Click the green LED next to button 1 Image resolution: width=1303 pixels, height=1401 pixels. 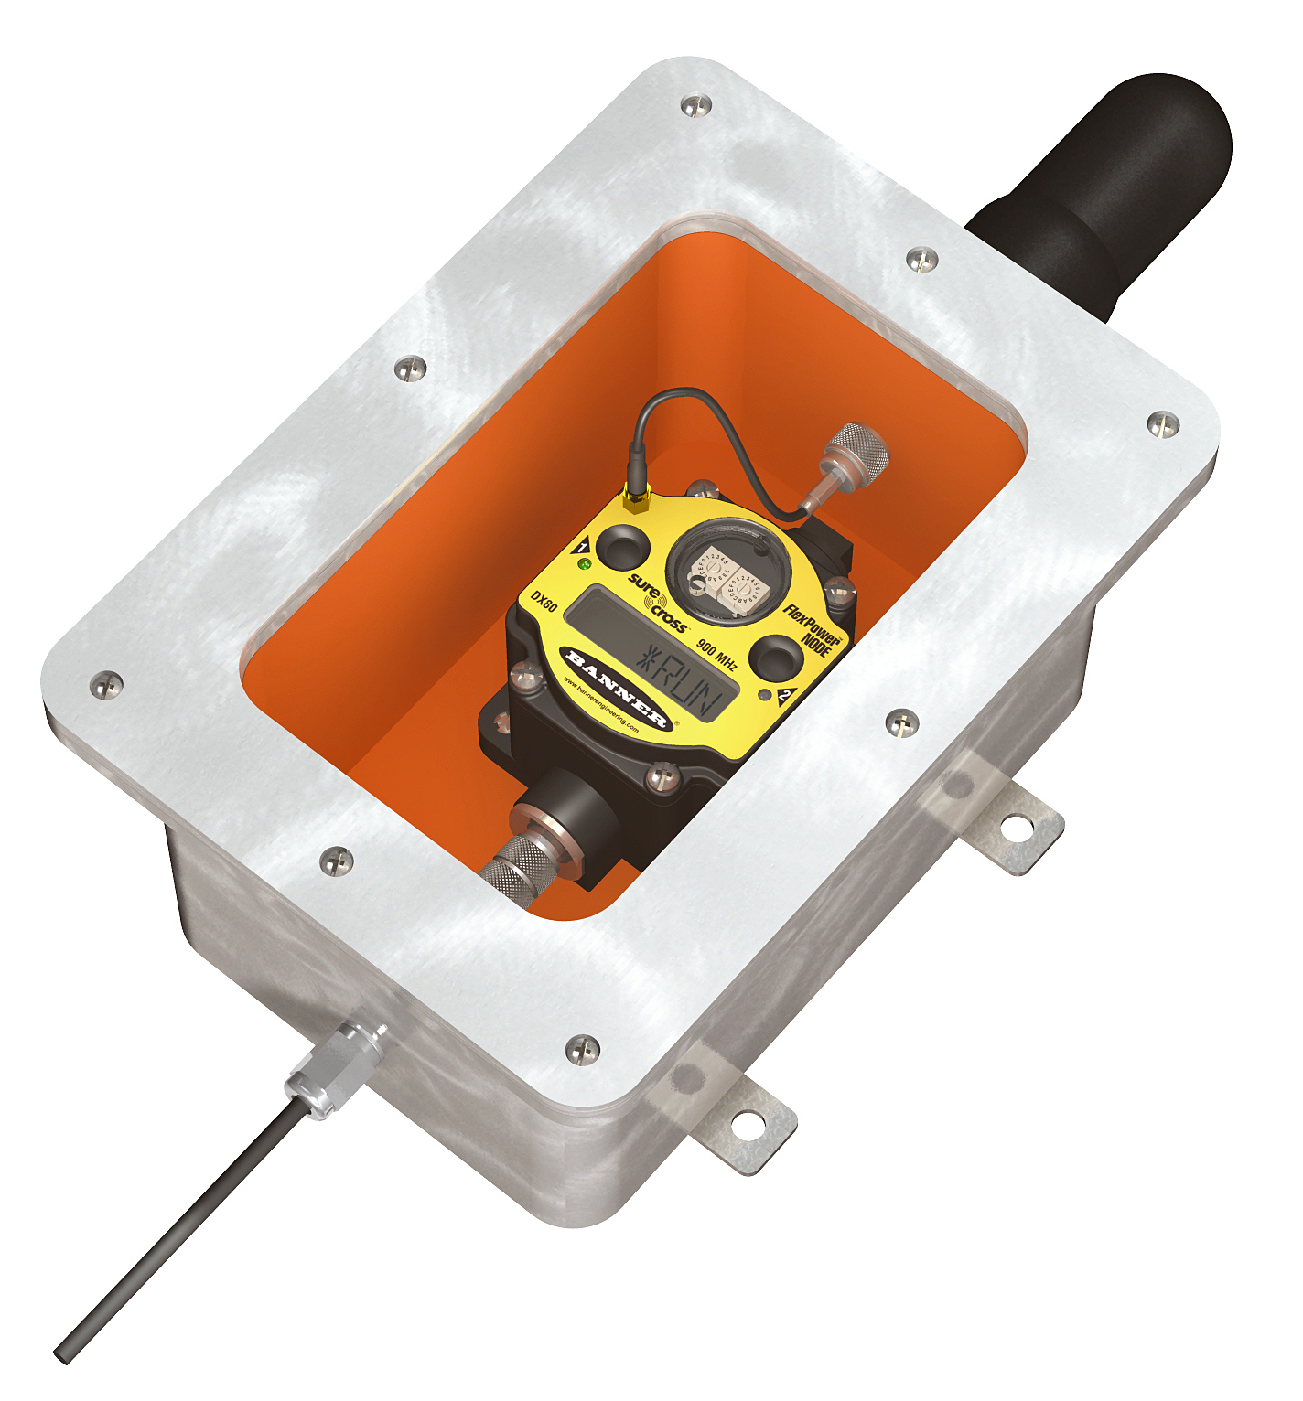[585, 564]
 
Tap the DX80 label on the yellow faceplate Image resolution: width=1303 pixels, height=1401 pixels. [544, 603]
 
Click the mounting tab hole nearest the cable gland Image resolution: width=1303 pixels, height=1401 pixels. [747, 1125]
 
